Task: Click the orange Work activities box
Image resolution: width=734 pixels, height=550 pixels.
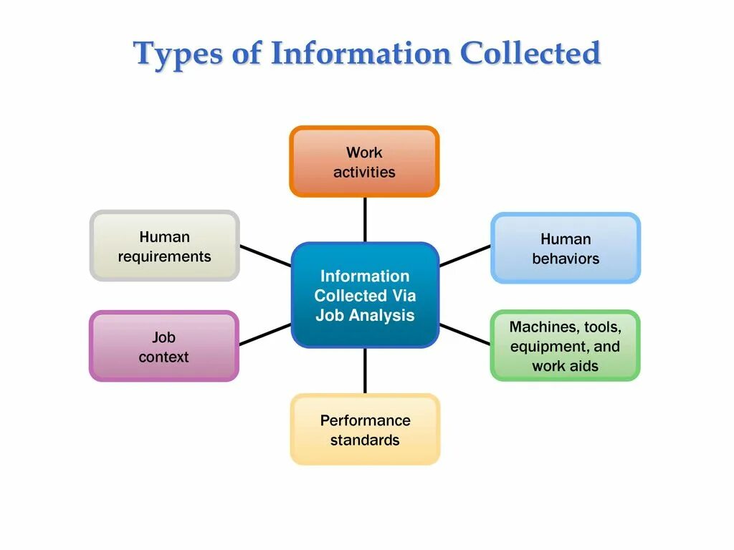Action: click(x=364, y=161)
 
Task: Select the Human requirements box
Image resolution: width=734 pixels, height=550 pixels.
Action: click(x=164, y=246)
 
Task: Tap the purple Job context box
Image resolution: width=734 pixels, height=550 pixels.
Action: click(x=163, y=346)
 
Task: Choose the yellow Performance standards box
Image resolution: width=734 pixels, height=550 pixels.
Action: click(x=365, y=429)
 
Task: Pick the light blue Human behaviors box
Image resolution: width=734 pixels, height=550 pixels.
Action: click(x=566, y=248)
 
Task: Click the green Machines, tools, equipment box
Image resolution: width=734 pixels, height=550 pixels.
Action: click(x=565, y=345)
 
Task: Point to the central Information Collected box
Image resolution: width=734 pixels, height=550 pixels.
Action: click(x=365, y=295)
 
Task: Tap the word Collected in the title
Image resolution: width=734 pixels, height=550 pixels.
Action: click(x=530, y=54)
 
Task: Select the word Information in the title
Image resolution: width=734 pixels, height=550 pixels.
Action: click(x=361, y=54)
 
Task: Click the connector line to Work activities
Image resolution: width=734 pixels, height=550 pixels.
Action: click(x=365, y=219)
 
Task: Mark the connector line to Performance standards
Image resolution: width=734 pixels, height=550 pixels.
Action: click(x=365, y=371)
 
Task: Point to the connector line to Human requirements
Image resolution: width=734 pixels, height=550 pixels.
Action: click(x=264, y=256)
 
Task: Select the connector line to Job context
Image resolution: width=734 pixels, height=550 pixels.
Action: click(x=264, y=334)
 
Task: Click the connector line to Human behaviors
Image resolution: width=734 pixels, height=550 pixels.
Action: click(x=464, y=256)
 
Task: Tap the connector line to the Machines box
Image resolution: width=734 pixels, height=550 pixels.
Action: click(x=464, y=334)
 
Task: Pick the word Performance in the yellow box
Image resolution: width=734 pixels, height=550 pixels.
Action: click(x=365, y=420)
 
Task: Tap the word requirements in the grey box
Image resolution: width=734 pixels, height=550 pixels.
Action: click(x=164, y=256)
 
